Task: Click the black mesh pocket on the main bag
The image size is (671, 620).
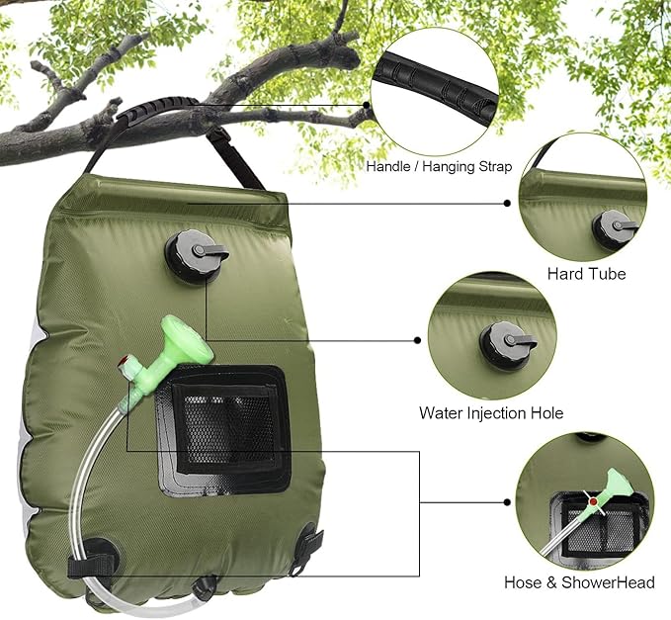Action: [224, 428]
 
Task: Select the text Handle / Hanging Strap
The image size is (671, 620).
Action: [439, 166]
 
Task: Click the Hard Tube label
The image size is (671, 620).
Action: [586, 274]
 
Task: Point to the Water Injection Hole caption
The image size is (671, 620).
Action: [491, 412]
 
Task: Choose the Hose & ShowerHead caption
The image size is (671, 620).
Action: [579, 582]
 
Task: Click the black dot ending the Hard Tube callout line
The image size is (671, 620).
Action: [508, 204]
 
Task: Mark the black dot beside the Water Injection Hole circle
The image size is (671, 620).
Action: [418, 340]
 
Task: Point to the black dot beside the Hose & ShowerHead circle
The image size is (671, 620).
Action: [508, 502]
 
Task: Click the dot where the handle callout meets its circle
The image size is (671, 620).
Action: [367, 105]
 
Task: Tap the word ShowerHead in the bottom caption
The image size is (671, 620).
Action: [608, 582]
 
